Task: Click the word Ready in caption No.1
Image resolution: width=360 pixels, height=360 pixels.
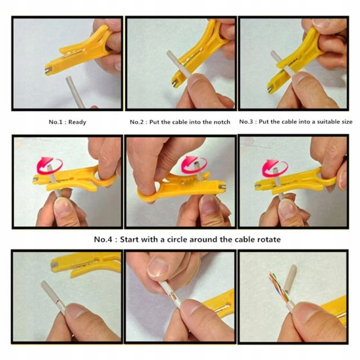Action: click(x=77, y=122)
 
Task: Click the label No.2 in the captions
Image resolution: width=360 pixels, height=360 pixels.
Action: click(x=137, y=122)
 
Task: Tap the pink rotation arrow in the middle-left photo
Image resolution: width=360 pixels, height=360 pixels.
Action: click(x=49, y=165)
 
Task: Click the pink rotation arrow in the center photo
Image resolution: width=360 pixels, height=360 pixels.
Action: click(x=194, y=164)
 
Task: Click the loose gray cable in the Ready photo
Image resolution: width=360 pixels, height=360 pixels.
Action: click(x=75, y=92)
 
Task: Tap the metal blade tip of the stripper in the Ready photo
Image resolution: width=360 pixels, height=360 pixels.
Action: click(x=47, y=71)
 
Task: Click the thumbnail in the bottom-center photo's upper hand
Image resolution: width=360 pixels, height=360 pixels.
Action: click(x=158, y=267)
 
